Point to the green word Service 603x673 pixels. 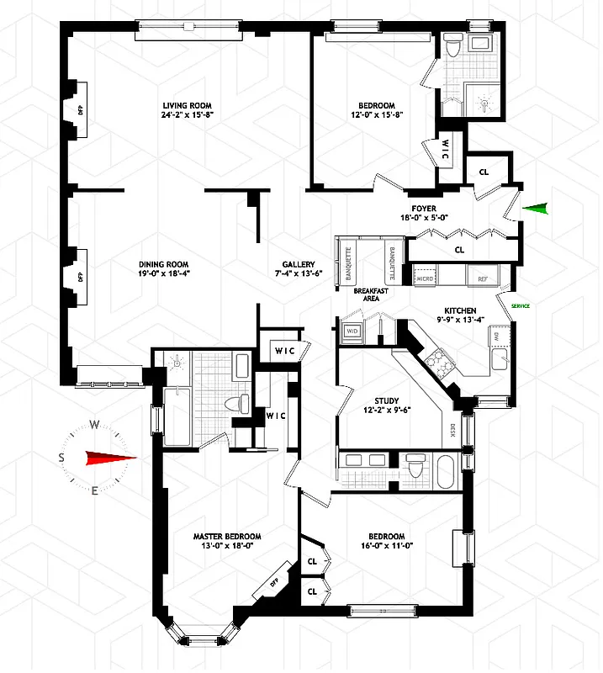(521, 306)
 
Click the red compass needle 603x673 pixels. (109, 458)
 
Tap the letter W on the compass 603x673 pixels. (95, 424)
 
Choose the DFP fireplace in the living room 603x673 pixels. (81, 110)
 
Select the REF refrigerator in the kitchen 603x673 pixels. (483, 278)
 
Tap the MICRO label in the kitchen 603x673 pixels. (424, 278)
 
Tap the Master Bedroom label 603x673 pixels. (226, 537)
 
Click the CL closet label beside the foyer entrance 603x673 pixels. (484, 172)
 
